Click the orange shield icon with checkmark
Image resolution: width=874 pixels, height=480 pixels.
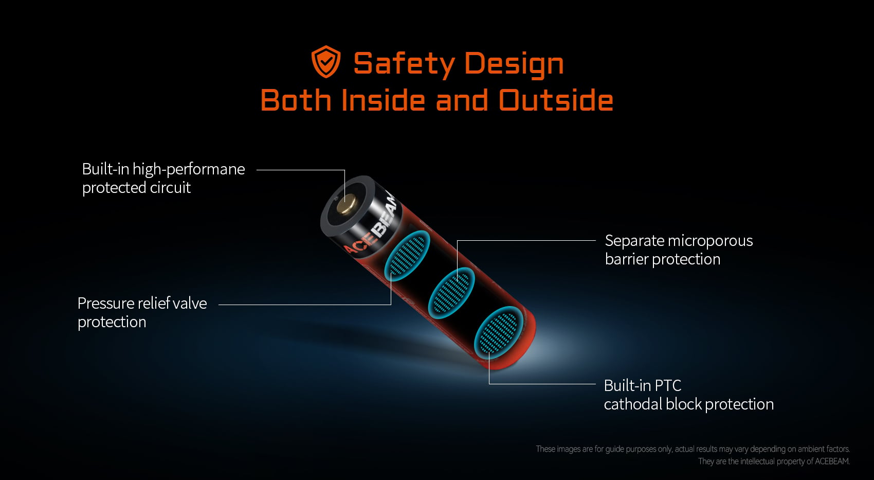point(326,62)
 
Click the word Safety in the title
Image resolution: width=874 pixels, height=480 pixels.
point(404,64)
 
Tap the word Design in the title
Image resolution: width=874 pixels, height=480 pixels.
point(514,64)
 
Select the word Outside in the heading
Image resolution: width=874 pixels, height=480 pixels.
point(556,100)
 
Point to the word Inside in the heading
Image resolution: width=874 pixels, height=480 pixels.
point(383,100)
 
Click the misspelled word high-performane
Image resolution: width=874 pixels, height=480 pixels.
point(189,169)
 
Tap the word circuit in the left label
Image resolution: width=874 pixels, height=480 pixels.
point(170,187)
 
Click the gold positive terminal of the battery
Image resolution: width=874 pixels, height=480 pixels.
point(345,205)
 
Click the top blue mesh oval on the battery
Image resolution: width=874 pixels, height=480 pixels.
point(407,256)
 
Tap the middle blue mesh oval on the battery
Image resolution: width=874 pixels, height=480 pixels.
point(451,293)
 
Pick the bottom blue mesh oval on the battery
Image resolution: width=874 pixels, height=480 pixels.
point(498,332)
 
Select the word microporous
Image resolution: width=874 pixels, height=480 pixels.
point(710,241)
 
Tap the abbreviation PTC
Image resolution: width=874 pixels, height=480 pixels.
point(668,386)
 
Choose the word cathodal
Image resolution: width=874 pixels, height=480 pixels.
point(633,404)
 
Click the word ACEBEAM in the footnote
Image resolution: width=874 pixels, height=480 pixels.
point(832,461)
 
